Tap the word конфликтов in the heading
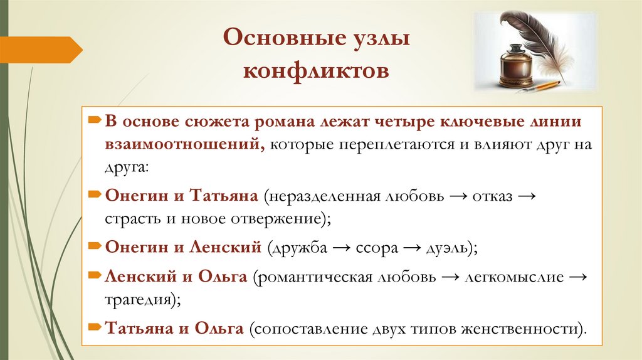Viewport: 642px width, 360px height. [x=316, y=70]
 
